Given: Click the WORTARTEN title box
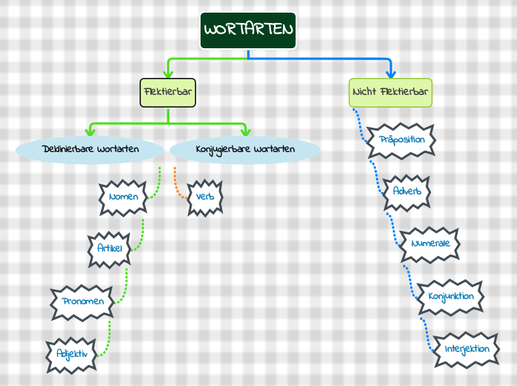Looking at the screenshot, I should coord(248,30).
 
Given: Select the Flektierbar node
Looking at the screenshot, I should coord(167,92).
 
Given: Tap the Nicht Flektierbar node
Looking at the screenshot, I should coord(390,92).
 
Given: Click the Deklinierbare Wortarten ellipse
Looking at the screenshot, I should coord(90,149).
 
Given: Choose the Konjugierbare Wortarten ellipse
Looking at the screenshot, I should coord(245,149).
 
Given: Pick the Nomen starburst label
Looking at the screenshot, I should coord(123,197).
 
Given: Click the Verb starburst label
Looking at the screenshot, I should coord(205,197).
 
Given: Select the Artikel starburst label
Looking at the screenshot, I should coord(109,249).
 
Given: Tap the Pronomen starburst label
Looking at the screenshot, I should coord(83,301).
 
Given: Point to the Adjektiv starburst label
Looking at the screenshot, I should coord(72,354).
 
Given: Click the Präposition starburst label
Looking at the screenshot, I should coord(401,140).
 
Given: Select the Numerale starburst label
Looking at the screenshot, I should coord(430,243).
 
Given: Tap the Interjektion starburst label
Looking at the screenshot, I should coord(466,349).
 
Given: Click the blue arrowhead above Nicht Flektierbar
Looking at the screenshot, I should coord(391,73).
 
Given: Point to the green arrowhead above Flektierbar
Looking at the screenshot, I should coord(168,73).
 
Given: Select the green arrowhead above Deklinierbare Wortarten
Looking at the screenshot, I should coord(90,131).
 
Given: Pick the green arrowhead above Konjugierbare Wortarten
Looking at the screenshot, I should coord(245,131).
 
